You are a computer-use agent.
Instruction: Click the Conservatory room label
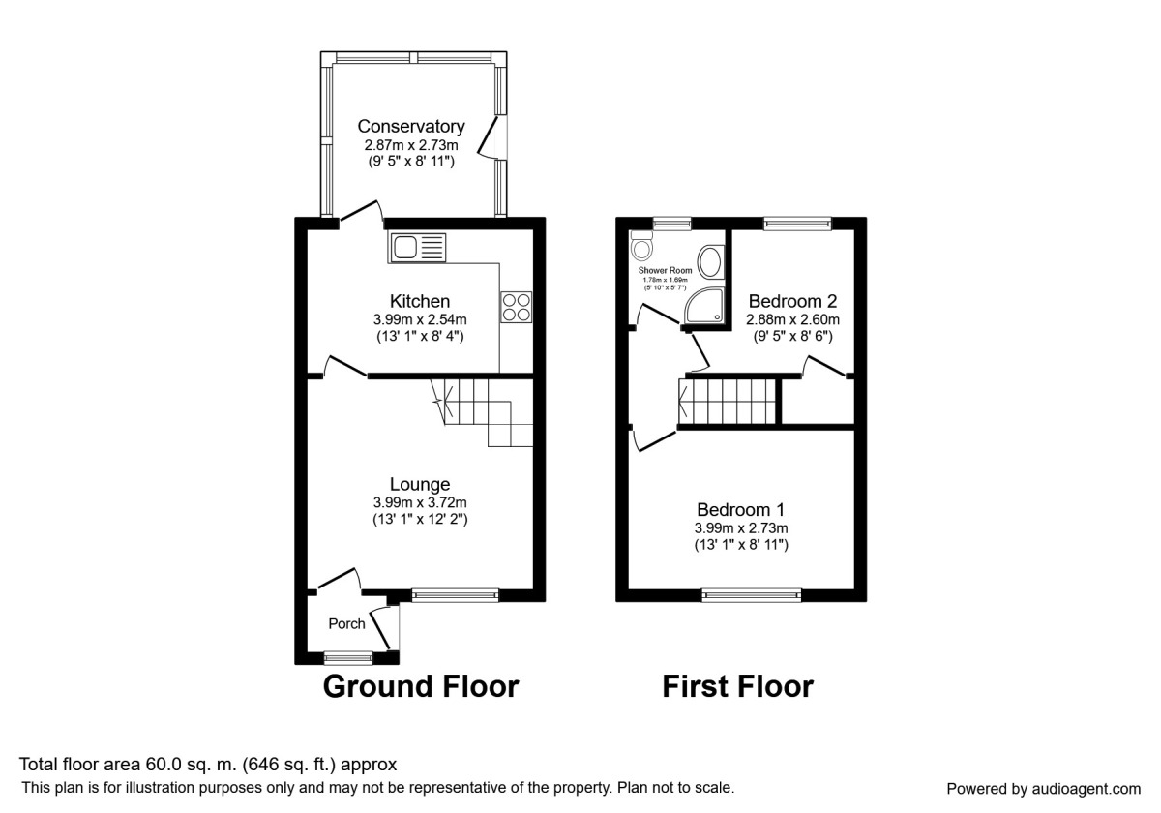pos(411,127)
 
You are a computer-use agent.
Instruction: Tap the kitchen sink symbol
pos(418,248)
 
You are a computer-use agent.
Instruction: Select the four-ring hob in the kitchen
pos(515,306)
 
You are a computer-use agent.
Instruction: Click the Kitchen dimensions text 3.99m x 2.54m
pos(420,319)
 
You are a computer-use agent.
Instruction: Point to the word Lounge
pos(420,484)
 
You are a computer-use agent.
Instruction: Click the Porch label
pos(346,624)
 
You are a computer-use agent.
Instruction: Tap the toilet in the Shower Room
pos(640,249)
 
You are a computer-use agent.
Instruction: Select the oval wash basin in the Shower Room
pos(710,261)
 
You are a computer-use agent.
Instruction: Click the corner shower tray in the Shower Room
pos(703,308)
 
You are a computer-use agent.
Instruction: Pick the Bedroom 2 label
pos(792,301)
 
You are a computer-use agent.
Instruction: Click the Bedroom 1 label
pos(741,509)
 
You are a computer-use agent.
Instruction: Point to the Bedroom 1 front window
pos(752,595)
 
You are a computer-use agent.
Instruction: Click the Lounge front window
pos(455,595)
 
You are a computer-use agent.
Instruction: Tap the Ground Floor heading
pos(420,686)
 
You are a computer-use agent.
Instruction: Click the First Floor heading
pos(737,686)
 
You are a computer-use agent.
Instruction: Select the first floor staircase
pos(729,401)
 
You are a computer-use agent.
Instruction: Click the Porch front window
pos(348,658)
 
